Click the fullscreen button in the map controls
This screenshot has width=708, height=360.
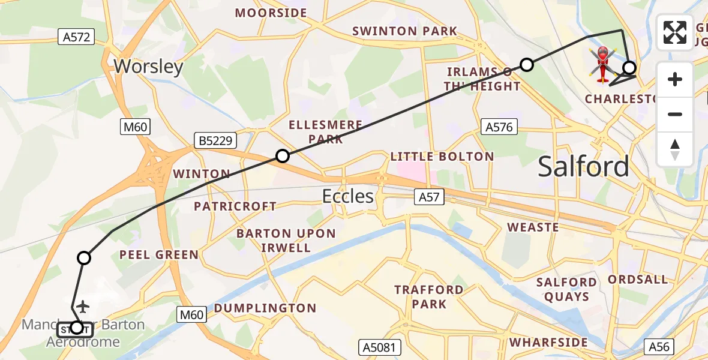point(675,32)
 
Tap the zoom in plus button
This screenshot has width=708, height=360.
point(675,79)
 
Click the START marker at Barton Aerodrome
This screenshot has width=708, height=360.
point(76,328)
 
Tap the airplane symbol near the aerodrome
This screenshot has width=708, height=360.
point(83,307)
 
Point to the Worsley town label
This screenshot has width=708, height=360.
point(148,66)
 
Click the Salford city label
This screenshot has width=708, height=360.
point(583,166)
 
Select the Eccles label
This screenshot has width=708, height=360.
point(348,196)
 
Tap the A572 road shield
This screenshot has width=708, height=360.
point(77,37)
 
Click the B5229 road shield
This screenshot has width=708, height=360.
point(215,141)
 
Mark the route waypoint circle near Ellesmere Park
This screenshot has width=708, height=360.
point(283,157)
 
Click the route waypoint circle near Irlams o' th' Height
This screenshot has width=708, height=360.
point(526,65)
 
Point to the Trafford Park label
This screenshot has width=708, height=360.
point(429,297)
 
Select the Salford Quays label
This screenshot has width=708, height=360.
point(566,289)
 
